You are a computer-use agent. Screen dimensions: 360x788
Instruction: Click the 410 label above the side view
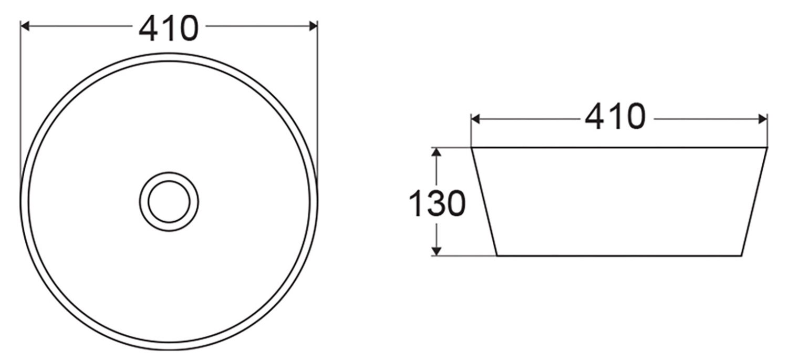tap(615, 117)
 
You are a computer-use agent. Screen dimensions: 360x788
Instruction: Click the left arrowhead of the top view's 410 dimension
tap(24, 26)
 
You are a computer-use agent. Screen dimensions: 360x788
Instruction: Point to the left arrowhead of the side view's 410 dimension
tap(475, 119)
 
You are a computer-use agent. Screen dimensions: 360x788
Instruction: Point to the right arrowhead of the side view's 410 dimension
tap(763, 119)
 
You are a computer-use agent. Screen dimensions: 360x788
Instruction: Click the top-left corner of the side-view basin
tap(471, 148)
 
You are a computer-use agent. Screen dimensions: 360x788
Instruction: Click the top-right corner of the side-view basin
tap(767, 148)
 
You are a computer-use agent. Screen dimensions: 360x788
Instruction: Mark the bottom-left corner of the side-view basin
tap(496, 255)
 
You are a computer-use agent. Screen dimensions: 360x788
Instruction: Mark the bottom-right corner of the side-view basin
tap(742, 255)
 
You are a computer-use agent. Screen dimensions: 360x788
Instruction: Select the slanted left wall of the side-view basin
tap(484, 202)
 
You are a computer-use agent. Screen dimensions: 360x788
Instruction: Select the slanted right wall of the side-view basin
tap(754, 202)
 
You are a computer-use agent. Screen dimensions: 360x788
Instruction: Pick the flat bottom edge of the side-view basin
tap(619, 255)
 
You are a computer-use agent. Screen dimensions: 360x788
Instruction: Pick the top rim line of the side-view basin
tap(619, 148)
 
